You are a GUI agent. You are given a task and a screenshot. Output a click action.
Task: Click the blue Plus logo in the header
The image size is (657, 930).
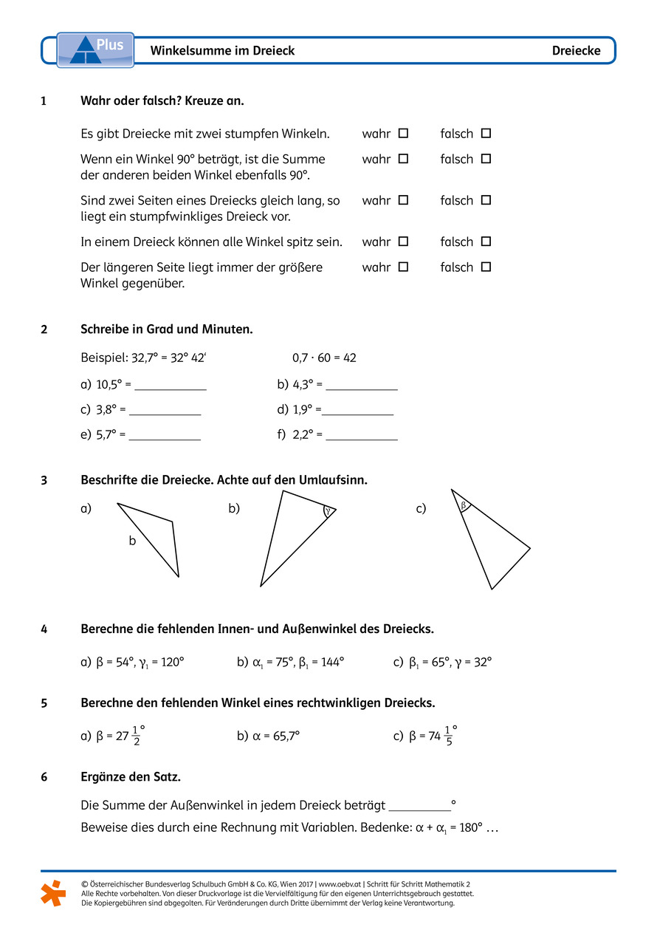click(95, 49)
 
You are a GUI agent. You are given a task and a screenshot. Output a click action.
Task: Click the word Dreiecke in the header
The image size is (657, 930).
click(576, 51)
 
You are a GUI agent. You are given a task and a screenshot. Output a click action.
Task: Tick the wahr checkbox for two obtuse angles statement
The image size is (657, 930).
click(403, 134)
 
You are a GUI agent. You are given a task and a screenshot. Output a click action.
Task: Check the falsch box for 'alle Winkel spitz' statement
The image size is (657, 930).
click(486, 242)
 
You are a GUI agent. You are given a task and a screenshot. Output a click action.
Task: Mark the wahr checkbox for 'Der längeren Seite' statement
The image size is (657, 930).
click(403, 267)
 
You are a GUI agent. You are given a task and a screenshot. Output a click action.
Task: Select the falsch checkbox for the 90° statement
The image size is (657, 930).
click(486, 159)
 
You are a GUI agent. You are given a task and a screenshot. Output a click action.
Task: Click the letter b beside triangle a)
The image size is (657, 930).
click(132, 541)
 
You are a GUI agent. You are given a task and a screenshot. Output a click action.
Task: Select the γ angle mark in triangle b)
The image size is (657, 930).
click(327, 510)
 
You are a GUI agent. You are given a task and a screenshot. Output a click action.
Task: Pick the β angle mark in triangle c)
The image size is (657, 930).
click(464, 506)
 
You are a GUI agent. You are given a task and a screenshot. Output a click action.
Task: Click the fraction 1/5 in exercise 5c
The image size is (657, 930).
click(450, 736)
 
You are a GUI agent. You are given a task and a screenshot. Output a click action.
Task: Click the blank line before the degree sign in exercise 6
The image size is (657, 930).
click(419, 806)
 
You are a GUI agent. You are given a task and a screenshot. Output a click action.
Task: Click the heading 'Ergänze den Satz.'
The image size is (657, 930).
click(131, 777)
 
